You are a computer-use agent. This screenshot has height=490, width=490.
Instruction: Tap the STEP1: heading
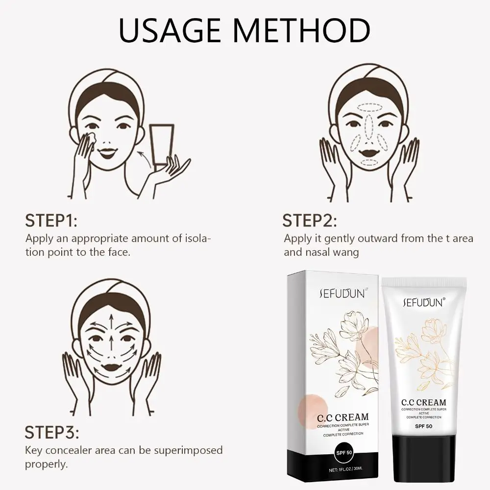51,220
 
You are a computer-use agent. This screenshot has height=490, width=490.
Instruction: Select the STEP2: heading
310,220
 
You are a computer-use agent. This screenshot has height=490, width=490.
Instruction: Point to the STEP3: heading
52,433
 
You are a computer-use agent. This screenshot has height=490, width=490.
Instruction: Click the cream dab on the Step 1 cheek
91,138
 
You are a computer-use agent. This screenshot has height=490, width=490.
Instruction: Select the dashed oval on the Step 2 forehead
369,108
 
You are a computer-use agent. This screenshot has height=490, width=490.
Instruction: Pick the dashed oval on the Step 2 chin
369,162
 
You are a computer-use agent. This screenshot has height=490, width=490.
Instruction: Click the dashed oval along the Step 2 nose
369,126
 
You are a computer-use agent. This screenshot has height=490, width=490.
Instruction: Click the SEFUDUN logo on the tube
423,302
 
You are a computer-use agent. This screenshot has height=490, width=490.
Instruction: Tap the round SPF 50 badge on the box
344,453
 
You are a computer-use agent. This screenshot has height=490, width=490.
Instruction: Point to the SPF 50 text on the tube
423,426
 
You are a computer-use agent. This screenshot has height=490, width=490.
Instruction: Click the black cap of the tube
424,458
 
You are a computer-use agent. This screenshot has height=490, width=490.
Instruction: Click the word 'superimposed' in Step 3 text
188,451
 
